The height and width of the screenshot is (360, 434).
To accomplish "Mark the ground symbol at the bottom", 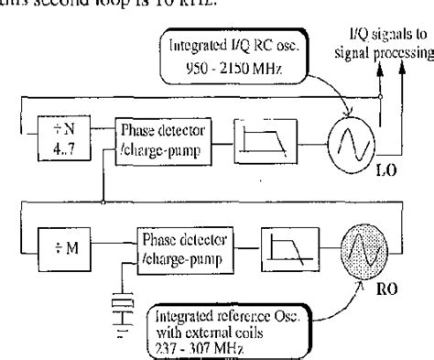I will [x=114, y=329].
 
